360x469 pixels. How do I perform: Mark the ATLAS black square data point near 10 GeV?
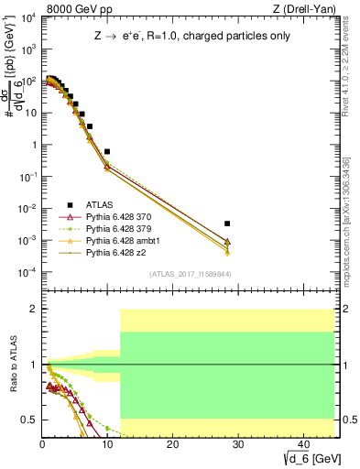pyautogui.click(x=107, y=151)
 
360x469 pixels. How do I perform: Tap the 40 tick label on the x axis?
pyautogui.click(x=301, y=444)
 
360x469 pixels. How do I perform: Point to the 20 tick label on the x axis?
pyautogui.click(x=172, y=444)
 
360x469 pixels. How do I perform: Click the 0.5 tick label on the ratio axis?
pyautogui.click(x=28, y=420)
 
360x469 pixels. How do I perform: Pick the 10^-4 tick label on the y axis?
pyautogui.click(x=26, y=272)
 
